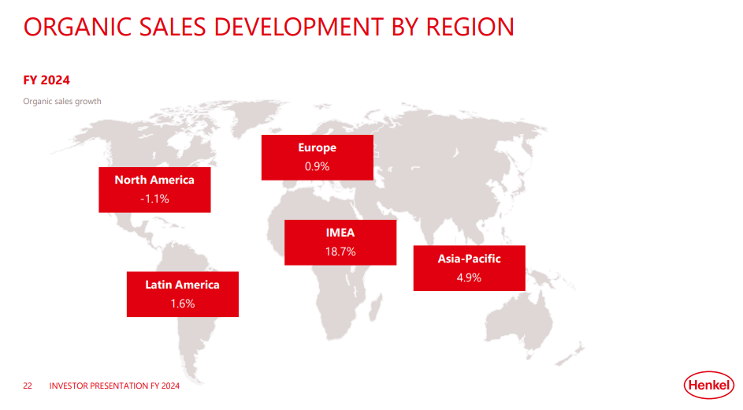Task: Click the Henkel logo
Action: pos(708,385)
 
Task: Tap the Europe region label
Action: pos(317,147)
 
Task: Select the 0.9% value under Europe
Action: pos(317,166)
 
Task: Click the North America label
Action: pos(154,180)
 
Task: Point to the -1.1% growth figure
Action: pos(154,199)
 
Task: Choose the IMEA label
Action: pos(340,233)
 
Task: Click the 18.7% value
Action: pos(340,252)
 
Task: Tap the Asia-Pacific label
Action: pos(469,259)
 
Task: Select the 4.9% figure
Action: pos(469,278)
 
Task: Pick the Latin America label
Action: pos(183,285)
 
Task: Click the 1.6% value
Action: pos(183,304)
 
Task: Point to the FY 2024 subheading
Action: pos(46,80)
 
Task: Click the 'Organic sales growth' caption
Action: pos(62,102)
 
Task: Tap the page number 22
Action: pos(28,386)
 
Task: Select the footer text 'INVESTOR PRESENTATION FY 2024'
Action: pos(114,386)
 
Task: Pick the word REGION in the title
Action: pos(470,27)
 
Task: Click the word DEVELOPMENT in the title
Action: pos(298,27)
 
